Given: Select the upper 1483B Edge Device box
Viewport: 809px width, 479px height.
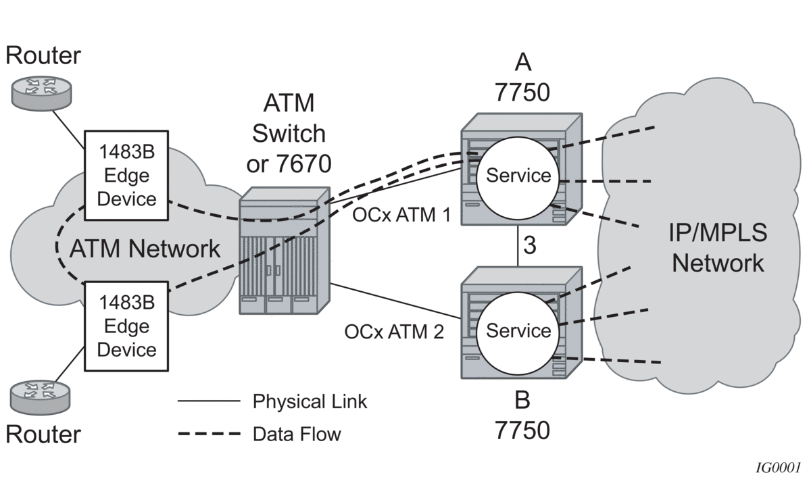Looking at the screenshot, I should tap(126, 175).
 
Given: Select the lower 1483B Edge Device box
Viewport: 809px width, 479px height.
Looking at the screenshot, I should tap(126, 327).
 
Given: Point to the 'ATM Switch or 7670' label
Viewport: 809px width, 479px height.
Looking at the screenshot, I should tap(289, 132).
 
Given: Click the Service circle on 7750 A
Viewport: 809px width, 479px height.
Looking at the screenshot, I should tap(518, 176).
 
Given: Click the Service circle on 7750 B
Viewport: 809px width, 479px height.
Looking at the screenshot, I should tap(518, 330).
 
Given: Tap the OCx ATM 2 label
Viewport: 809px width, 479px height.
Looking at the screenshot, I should tap(394, 332).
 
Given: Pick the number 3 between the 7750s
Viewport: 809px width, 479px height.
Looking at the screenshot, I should tap(531, 245).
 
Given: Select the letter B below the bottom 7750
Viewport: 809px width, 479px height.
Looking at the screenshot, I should tap(522, 401).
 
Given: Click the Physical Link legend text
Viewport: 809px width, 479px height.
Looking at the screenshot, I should tap(310, 401).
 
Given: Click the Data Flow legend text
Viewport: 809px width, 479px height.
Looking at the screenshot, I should tap(297, 433).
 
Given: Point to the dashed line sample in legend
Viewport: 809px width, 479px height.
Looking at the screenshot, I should tap(208, 433).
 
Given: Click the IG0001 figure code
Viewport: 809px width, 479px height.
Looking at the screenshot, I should tap(779, 467).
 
